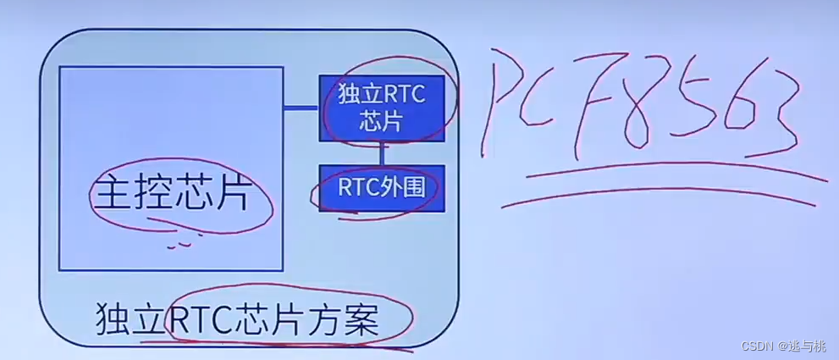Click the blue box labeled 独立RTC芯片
(381, 108)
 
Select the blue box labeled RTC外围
(381, 187)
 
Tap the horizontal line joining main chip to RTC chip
(301, 108)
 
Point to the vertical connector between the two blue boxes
(382, 152)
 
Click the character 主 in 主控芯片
(111, 193)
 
